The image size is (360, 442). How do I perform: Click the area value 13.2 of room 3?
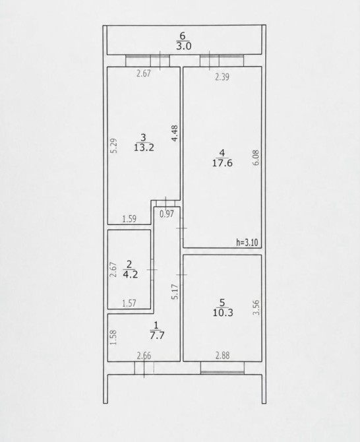pyautogui.click(x=144, y=147)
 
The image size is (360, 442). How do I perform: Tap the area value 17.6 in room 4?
pyautogui.click(x=222, y=163)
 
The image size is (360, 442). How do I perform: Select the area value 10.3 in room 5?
pyautogui.click(x=223, y=313)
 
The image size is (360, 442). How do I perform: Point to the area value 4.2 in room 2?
pyautogui.click(x=130, y=274)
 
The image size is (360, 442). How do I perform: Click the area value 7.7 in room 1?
pyautogui.click(x=157, y=335)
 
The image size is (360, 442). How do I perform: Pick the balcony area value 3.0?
pyautogui.click(x=184, y=46)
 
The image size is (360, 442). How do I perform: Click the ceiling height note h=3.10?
pyautogui.click(x=247, y=242)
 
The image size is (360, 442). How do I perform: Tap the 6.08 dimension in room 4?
pyautogui.click(x=256, y=158)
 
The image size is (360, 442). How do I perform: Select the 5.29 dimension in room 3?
pyautogui.click(x=113, y=145)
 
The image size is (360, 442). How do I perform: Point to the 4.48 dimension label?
pyautogui.click(x=175, y=133)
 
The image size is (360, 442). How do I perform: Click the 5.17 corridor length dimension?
pyautogui.click(x=175, y=292)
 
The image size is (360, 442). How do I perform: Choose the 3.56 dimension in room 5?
pyautogui.click(x=256, y=307)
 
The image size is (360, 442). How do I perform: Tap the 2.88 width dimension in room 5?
pyautogui.click(x=223, y=356)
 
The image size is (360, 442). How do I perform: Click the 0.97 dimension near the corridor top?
pyautogui.click(x=167, y=214)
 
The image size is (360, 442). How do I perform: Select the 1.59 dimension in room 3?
pyautogui.click(x=129, y=219)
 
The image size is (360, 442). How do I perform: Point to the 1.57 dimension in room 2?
pyautogui.click(x=129, y=303)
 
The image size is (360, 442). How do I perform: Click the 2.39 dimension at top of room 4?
pyautogui.click(x=222, y=77)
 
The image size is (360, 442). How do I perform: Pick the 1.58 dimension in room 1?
pyautogui.click(x=113, y=337)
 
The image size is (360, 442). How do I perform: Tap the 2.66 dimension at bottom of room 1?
pyautogui.click(x=144, y=356)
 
